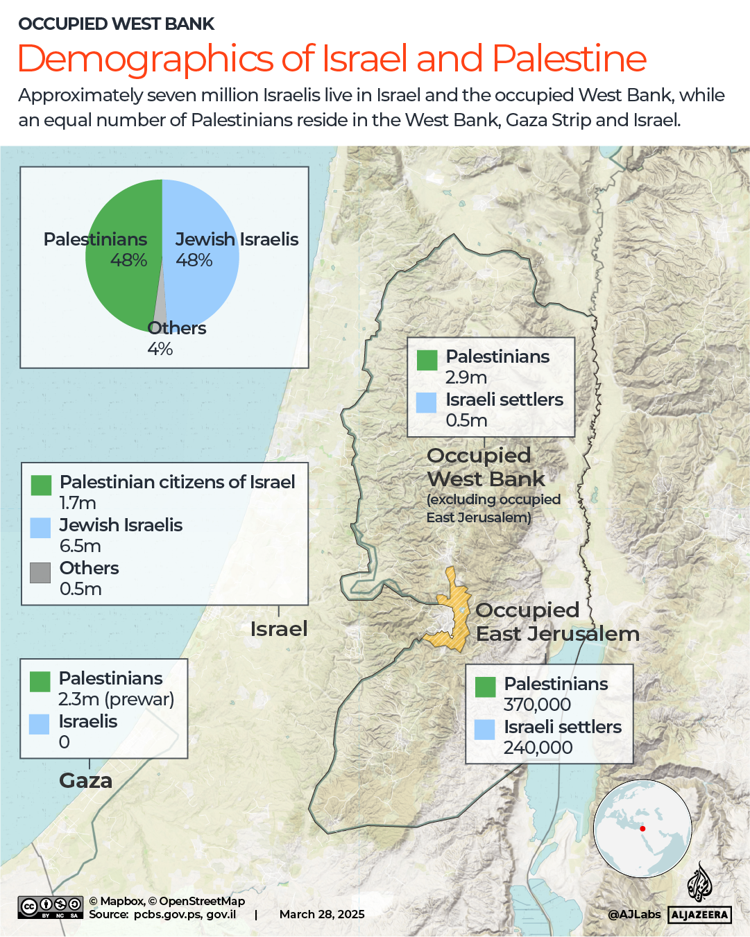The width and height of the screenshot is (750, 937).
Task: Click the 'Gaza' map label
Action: pyautogui.click(x=85, y=781)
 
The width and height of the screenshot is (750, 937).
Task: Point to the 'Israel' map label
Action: pyautogui.click(x=278, y=629)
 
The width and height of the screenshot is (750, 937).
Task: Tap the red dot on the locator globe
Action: pyautogui.click(x=642, y=829)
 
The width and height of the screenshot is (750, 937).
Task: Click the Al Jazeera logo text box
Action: pyautogui.click(x=700, y=915)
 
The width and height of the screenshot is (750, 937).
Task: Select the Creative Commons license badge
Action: pyautogui.click(x=51, y=907)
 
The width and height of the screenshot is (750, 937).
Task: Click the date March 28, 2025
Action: pyautogui.click(x=322, y=914)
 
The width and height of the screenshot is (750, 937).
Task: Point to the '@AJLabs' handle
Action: pyautogui.click(x=634, y=914)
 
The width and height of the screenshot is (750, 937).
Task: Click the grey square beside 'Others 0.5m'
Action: pyautogui.click(x=40, y=572)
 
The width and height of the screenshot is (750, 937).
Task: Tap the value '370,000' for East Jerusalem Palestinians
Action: pyautogui.click(x=537, y=705)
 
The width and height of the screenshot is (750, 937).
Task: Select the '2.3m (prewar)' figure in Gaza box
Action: pyautogui.click(x=116, y=699)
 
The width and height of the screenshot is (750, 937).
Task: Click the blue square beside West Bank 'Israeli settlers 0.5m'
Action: pyautogui.click(x=426, y=403)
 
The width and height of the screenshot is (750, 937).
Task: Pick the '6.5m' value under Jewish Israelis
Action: pyautogui.click(x=80, y=546)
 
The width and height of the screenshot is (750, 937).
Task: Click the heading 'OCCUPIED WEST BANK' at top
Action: pyautogui.click(x=116, y=24)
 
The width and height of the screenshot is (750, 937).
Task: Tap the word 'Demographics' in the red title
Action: pyautogui.click(x=146, y=59)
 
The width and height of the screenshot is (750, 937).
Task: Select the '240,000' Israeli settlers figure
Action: pyautogui.click(x=538, y=748)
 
